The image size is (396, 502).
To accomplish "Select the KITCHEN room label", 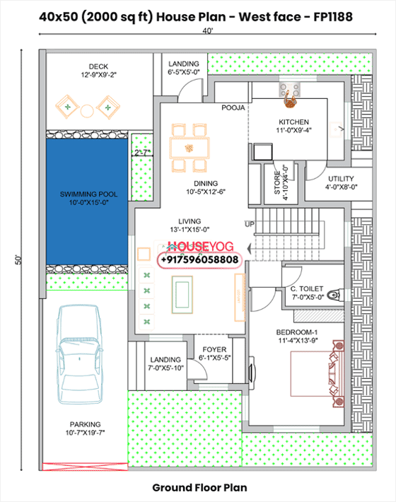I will [x=293, y=122].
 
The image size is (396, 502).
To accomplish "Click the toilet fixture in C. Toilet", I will [x=337, y=294].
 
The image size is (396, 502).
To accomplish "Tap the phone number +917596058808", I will [x=200, y=259].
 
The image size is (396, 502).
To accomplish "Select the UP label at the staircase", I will [x=249, y=224].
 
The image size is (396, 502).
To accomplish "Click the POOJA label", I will [x=233, y=108].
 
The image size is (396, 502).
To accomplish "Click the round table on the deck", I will [x=87, y=110].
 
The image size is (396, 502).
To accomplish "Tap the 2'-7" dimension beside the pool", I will [x=143, y=152].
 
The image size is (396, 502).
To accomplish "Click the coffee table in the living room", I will [x=182, y=291].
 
